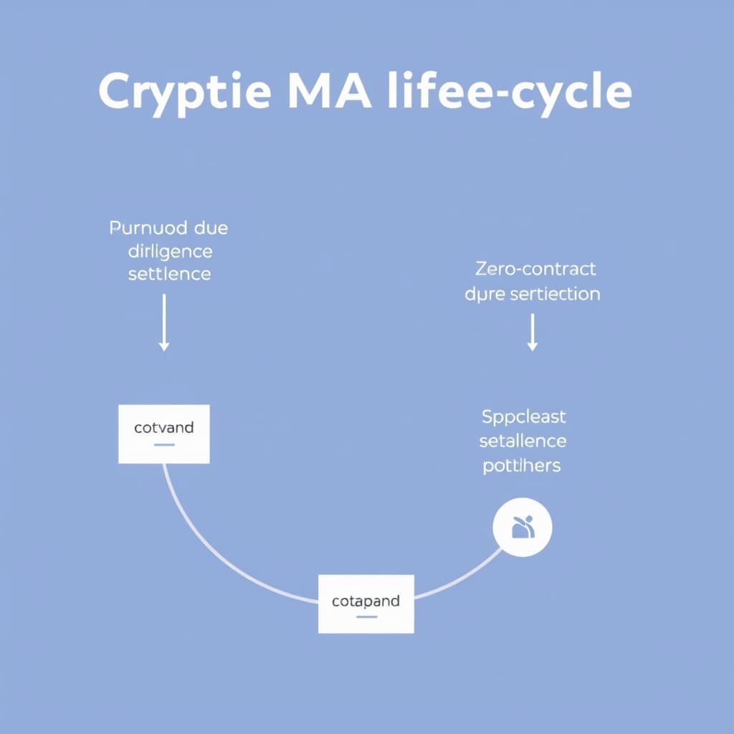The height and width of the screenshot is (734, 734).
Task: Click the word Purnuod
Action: [x=148, y=229]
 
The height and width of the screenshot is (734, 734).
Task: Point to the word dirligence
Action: [x=170, y=252]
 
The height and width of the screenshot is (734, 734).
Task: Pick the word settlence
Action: [x=170, y=274]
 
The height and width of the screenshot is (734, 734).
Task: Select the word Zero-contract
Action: [x=535, y=270]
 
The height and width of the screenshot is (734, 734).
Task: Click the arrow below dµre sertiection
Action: [x=532, y=333]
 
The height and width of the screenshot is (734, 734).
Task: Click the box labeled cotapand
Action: [x=366, y=604]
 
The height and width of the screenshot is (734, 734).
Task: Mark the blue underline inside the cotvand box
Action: [x=164, y=444]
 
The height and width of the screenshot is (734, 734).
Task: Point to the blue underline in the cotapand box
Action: [x=366, y=616]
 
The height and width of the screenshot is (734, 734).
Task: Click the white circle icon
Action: [x=523, y=528]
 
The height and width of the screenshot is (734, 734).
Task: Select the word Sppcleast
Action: [x=523, y=416]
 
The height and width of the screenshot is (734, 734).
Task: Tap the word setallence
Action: [x=523, y=440]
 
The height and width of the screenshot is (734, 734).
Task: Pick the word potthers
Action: [x=522, y=464]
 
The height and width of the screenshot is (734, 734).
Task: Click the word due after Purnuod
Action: [x=211, y=229]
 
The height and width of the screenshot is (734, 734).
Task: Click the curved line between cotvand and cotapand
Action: [x=215, y=552]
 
